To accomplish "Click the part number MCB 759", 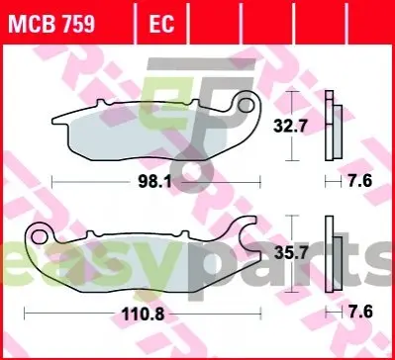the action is [51, 24].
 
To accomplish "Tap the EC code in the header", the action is [161, 24].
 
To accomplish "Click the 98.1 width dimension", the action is [155, 182].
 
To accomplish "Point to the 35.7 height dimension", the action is [291, 253].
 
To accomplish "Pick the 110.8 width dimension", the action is [144, 315].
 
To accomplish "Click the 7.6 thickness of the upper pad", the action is [360, 181].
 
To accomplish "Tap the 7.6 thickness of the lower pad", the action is [360, 312].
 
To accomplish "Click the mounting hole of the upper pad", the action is [246, 106].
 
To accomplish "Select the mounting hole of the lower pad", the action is [39, 236].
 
